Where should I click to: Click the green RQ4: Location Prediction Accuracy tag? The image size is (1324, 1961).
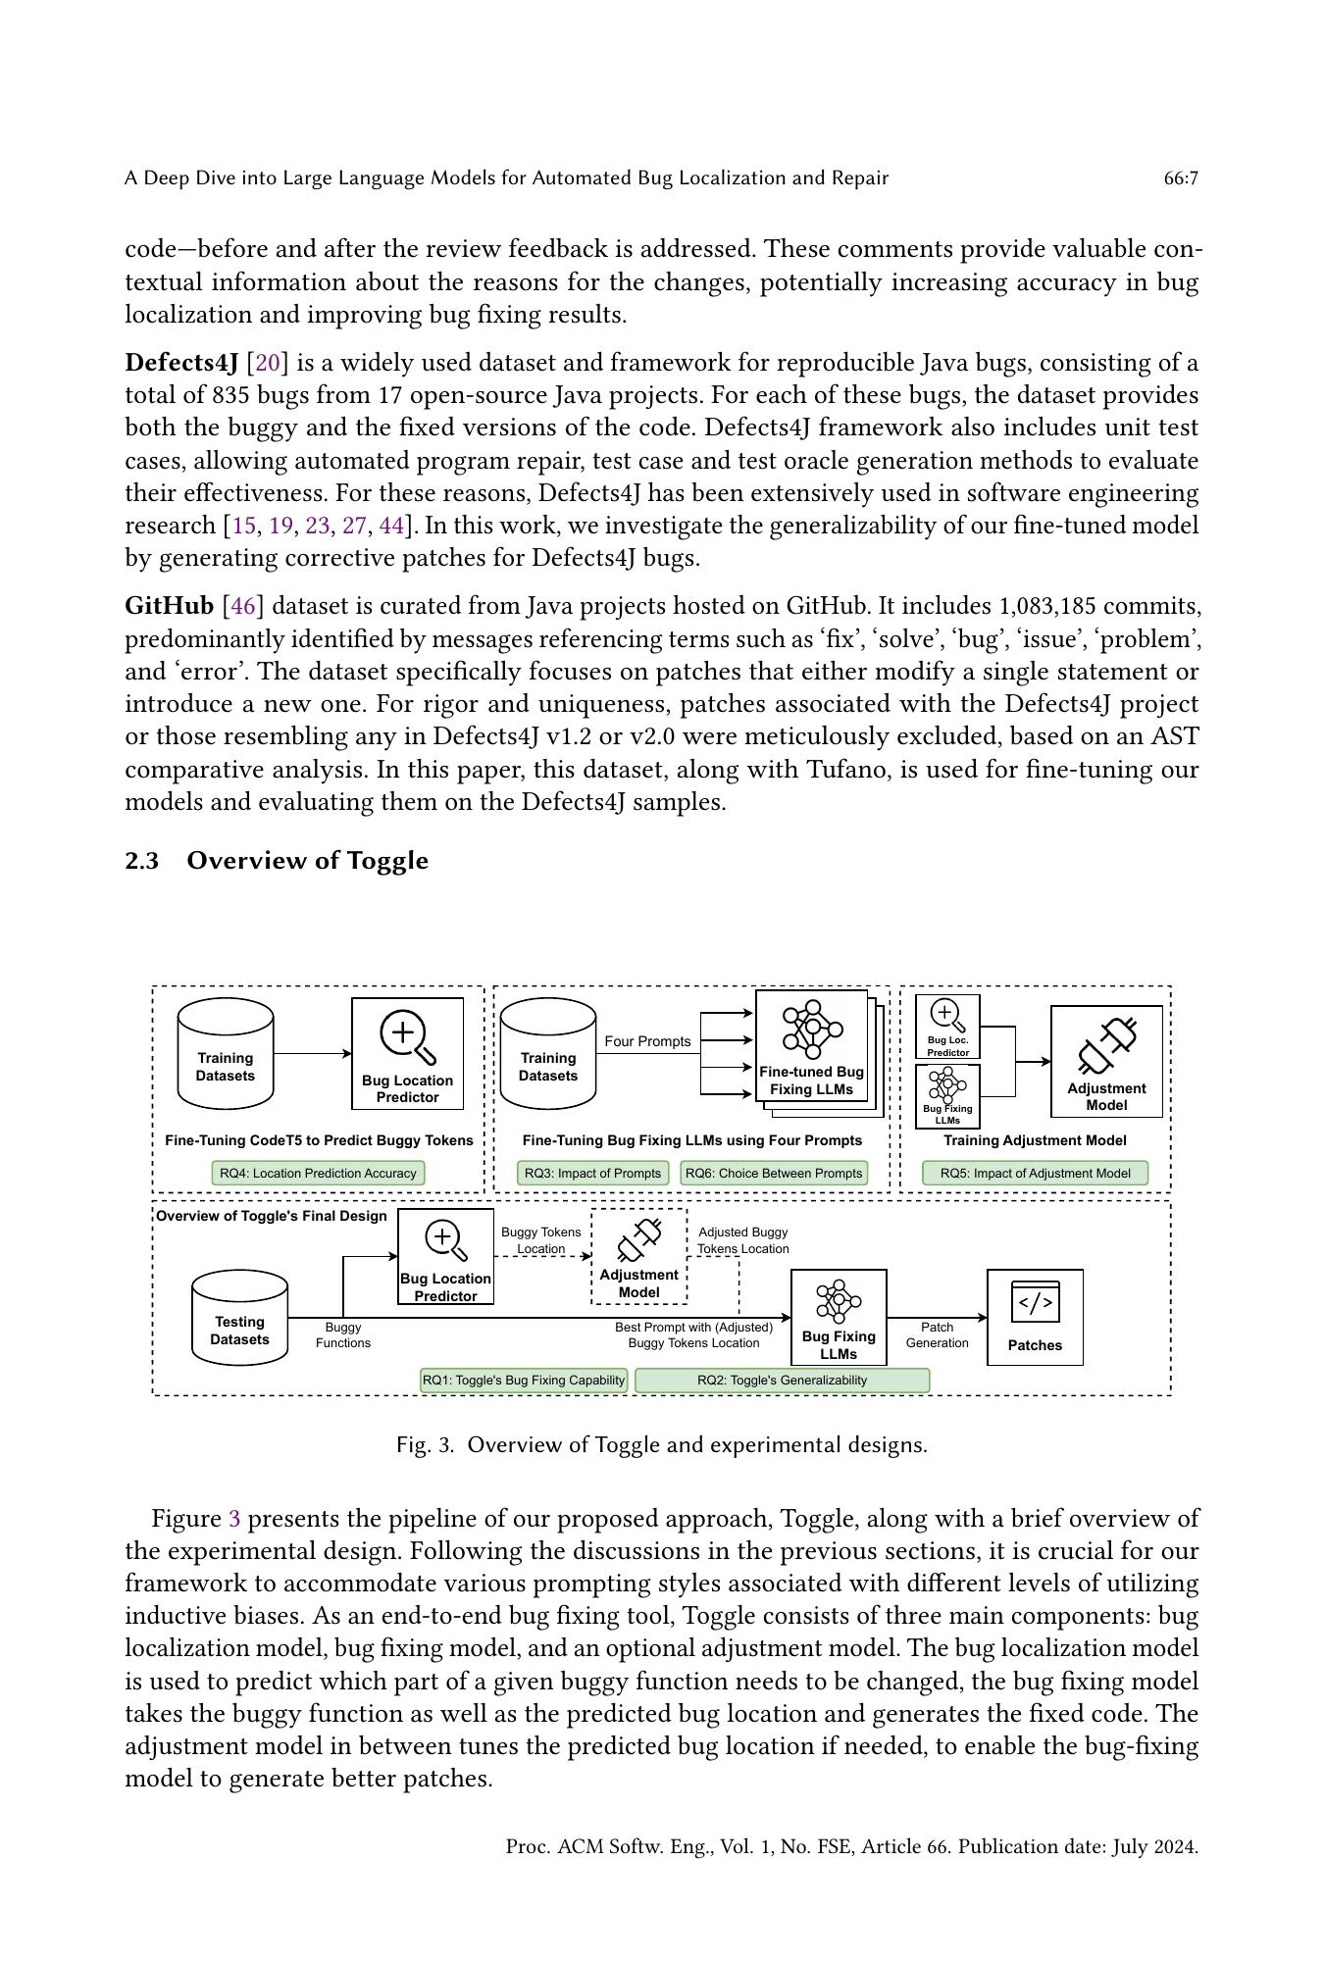(x=318, y=1173)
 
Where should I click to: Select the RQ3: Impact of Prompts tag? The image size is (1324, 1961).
(x=592, y=1173)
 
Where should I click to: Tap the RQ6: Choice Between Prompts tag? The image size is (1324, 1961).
(x=774, y=1173)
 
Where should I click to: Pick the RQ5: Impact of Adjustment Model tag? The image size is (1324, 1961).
(x=1035, y=1173)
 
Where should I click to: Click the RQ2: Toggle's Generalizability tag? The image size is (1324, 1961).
(x=782, y=1380)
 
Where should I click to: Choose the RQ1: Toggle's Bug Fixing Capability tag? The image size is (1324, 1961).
(x=524, y=1380)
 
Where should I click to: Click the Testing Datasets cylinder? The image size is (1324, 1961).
(x=239, y=1318)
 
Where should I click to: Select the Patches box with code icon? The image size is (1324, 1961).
(x=1035, y=1317)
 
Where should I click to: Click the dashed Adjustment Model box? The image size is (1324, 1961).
(x=638, y=1256)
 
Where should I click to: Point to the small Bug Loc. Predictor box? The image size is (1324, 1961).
(x=947, y=1027)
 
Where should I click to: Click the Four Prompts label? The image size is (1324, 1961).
(x=647, y=1041)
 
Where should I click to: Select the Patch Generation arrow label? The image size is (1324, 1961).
(x=937, y=1334)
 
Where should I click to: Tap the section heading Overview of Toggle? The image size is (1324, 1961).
(x=307, y=860)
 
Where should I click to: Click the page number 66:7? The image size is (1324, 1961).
(x=1180, y=178)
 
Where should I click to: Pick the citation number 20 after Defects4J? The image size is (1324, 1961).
(x=267, y=363)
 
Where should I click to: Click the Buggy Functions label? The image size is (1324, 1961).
(x=343, y=1334)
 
